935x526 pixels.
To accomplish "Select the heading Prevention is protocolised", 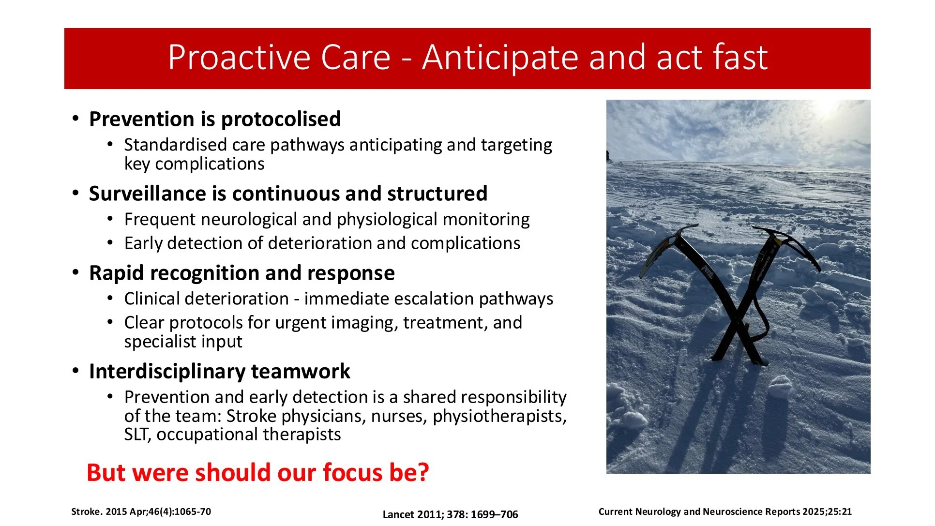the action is (215, 119).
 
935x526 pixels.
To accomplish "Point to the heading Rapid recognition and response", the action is (242, 273).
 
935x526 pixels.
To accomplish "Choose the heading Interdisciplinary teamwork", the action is (220, 372).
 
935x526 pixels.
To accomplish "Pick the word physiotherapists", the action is (499, 416).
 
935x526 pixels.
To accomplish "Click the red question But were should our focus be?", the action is (258, 472).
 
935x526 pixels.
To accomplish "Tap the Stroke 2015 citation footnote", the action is (141, 511).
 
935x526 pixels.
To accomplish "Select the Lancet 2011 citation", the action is (450, 514).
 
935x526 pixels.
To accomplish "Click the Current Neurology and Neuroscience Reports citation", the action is (725, 511).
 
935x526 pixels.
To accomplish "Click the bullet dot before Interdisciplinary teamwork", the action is (75, 371).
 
